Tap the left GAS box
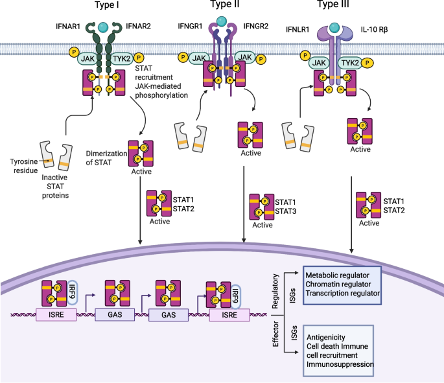click(x=109, y=316)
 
